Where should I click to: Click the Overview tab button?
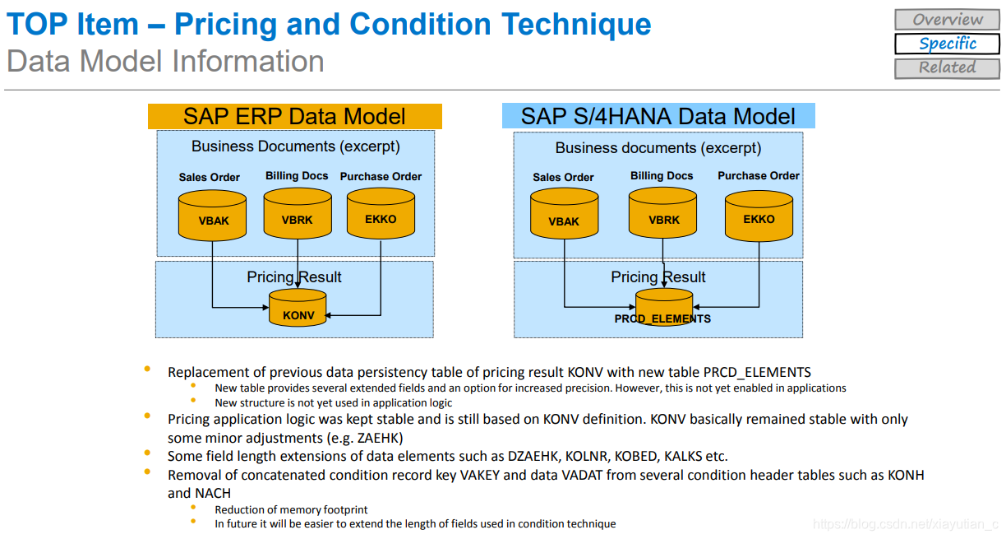pos(947,19)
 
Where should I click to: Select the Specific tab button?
pos(947,44)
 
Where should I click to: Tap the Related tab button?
pos(947,67)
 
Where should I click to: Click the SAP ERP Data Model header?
pos(294,116)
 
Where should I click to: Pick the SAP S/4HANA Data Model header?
pos(658,116)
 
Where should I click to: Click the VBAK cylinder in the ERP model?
pos(214,216)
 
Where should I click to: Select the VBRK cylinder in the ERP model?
pos(297,215)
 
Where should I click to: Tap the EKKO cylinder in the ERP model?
pos(381,215)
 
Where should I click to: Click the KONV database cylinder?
pos(298,309)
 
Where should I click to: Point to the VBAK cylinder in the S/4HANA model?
pos(564,216)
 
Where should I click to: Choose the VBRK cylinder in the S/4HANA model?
pos(663,215)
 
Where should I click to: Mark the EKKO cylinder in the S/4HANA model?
pos(759,215)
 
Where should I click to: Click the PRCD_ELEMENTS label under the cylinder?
pos(662,319)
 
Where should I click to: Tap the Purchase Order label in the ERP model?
pos(381,176)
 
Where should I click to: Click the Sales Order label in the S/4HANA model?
pos(563,177)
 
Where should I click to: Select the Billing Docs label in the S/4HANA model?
pos(662,176)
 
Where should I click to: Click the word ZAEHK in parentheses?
pos(381,438)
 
